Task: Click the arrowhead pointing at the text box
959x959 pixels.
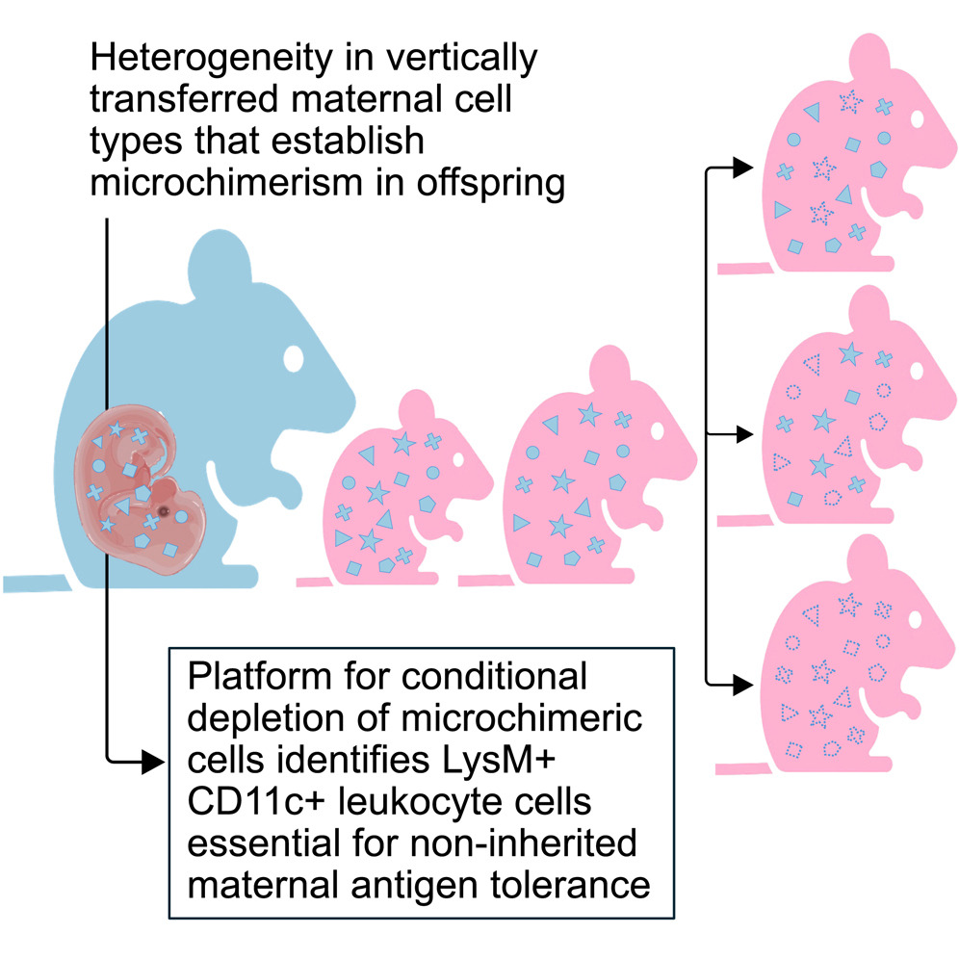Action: tap(153, 762)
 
